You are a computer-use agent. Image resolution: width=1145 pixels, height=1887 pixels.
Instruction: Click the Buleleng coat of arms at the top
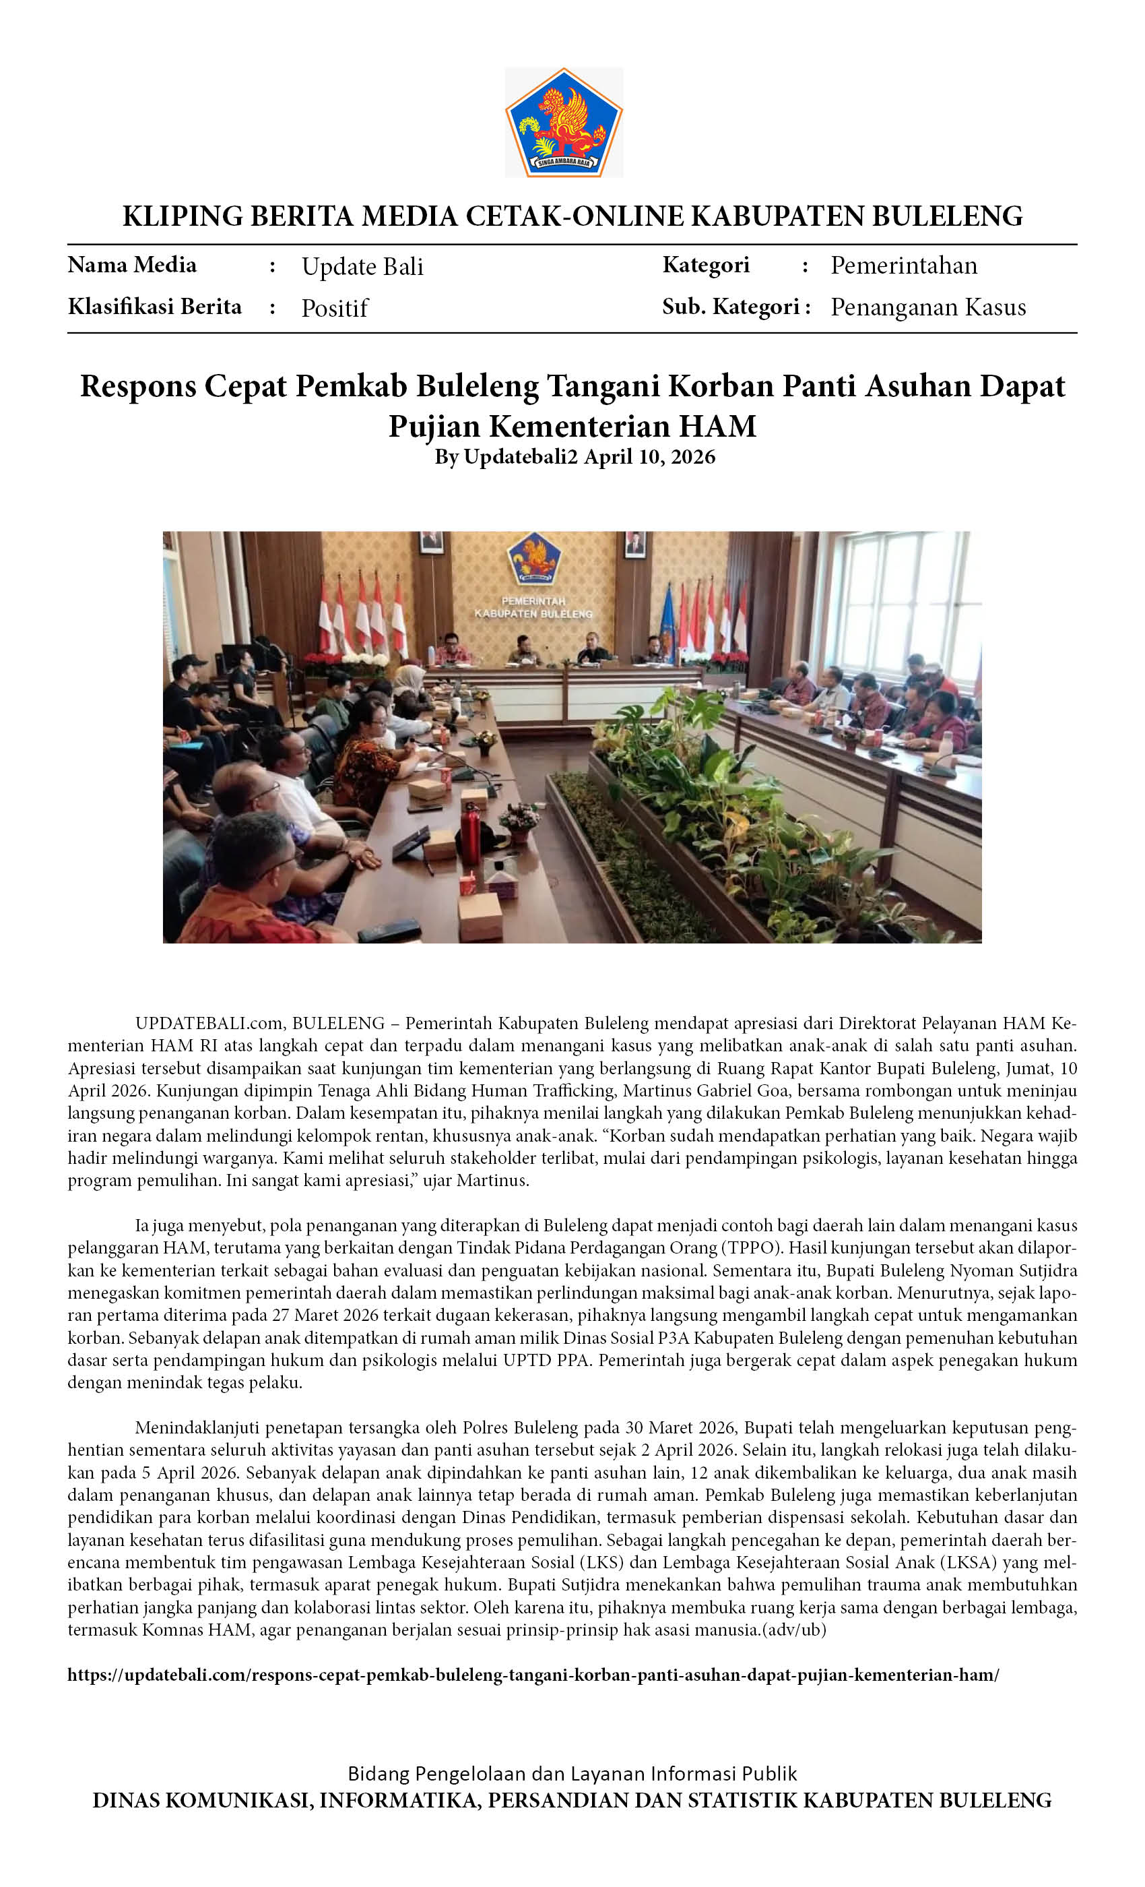point(563,123)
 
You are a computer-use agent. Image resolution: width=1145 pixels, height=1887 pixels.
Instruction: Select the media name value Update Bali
point(362,266)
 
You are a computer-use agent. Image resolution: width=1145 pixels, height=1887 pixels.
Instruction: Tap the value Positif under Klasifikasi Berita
point(335,308)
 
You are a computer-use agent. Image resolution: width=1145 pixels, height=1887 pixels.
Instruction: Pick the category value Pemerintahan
point(904,266)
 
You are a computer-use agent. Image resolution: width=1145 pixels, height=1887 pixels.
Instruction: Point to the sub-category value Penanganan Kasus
point(927,307)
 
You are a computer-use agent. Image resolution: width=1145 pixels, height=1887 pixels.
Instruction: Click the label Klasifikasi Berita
point(155,307)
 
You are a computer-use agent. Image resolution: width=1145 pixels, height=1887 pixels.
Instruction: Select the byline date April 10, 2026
point(649,457)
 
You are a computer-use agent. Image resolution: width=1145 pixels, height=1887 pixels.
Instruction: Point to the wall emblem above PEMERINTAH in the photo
point(533,560)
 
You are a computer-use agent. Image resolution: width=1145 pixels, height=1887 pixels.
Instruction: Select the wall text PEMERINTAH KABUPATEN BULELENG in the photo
point(533,607)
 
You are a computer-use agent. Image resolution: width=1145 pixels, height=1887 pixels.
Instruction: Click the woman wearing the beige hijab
point(410,681)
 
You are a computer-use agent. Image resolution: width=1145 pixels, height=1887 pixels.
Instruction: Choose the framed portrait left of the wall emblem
point(431,543)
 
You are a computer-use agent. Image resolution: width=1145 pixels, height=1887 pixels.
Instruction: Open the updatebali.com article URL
point(533,1675)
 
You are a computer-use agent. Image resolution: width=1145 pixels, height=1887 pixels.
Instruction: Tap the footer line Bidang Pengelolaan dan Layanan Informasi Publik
point(572,1773)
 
